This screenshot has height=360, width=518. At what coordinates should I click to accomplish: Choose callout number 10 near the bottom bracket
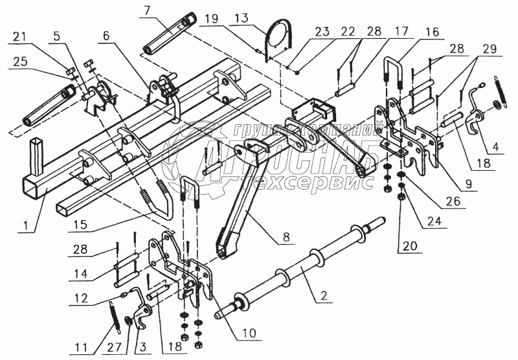coord(249,334)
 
